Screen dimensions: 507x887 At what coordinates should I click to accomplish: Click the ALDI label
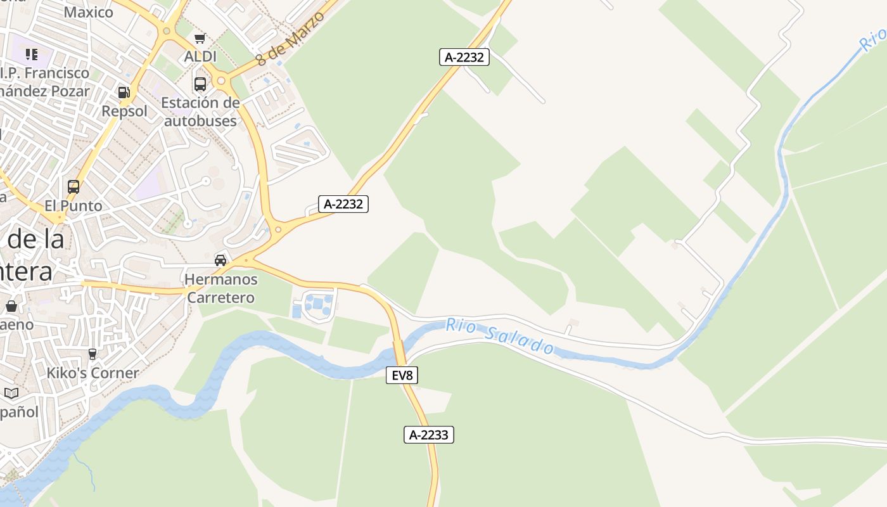(x=200, y=57)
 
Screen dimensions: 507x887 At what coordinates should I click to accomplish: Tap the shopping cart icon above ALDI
(x=200, y=38)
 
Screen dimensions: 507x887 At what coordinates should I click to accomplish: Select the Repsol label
(x=124, y=112)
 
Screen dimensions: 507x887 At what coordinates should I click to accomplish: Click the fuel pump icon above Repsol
(x=124, y=93)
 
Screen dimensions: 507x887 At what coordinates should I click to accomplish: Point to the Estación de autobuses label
(x=200, y=112)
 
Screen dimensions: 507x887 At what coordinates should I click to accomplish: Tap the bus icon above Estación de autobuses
(x=200, y=84)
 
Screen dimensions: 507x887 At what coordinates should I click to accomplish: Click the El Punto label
(x=73, y=206)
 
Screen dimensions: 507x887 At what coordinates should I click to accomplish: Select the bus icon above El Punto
(x=73, y=187)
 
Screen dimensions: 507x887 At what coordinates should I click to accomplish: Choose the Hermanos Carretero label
(x=220, y=288)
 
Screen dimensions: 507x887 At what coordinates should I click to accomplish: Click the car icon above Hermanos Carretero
(x=220, y=260)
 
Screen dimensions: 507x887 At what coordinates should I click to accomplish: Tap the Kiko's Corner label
(x=93, y=373)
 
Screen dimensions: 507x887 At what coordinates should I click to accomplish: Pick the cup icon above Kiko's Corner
(x=93, y=354)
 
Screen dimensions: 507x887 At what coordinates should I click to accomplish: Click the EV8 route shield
(x=402, y=375)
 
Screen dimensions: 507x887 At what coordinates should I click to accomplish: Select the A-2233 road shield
(x=429, y=435)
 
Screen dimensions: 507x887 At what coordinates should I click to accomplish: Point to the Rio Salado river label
(x=500, y=336)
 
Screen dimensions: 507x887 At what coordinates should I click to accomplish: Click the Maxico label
(x=88, y=12)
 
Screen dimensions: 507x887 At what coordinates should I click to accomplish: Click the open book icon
(x=11, y=394)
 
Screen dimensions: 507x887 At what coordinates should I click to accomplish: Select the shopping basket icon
(x=11, y=307)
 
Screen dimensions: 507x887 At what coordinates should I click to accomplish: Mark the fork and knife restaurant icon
(x=32, y=55)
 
